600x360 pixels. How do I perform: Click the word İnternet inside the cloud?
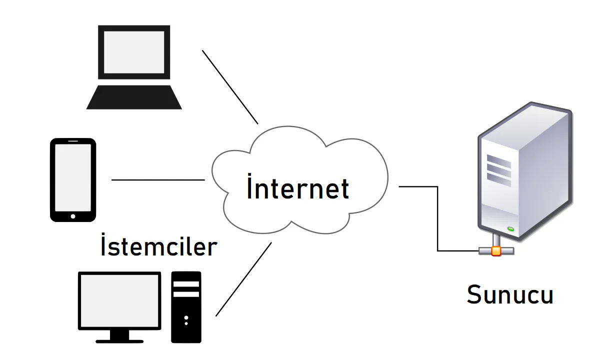pos(297,188)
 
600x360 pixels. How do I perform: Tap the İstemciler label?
pos(158,246)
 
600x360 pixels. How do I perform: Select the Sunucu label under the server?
pos(509,294)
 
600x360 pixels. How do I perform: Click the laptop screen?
pos(134,51)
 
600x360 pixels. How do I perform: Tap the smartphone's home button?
pos(73,216)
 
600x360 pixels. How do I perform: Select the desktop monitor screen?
pos(119,300)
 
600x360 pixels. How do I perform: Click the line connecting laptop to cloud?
pos(230,87)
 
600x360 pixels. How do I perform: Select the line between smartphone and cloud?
pos(158,179)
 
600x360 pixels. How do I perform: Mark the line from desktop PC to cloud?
pos(243,279)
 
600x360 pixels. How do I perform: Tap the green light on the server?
pos(510,229)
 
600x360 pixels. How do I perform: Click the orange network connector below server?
pos(495,250)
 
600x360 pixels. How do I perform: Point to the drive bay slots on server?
pos(498,170)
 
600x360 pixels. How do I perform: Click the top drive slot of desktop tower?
pos(186,284)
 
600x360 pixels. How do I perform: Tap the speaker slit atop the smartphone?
pos(73,142)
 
